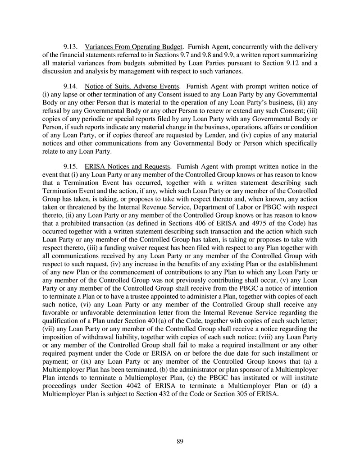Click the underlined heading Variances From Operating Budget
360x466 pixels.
(134, 47)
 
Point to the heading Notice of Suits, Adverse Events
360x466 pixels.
(132, 86)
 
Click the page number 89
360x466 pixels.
(180, 441)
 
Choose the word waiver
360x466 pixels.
(105, 247)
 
